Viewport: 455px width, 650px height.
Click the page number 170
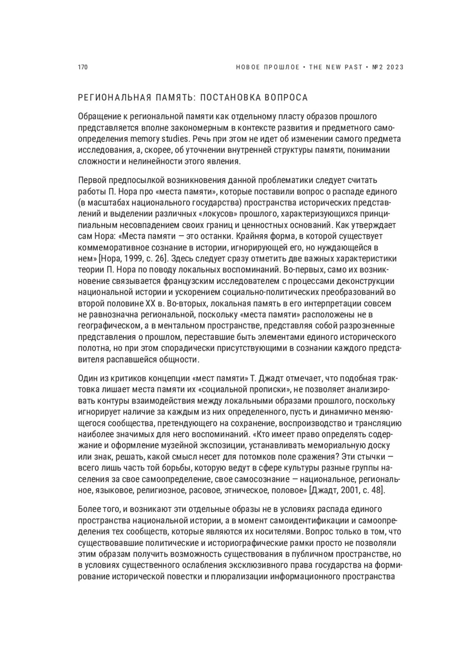pos(83,68)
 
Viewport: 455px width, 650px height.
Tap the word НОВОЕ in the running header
pos(248,68)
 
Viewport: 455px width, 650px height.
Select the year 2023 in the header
pos(395,68)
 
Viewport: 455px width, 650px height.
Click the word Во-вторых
pos(186,303)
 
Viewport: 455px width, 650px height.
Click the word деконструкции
pos(370,281)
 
